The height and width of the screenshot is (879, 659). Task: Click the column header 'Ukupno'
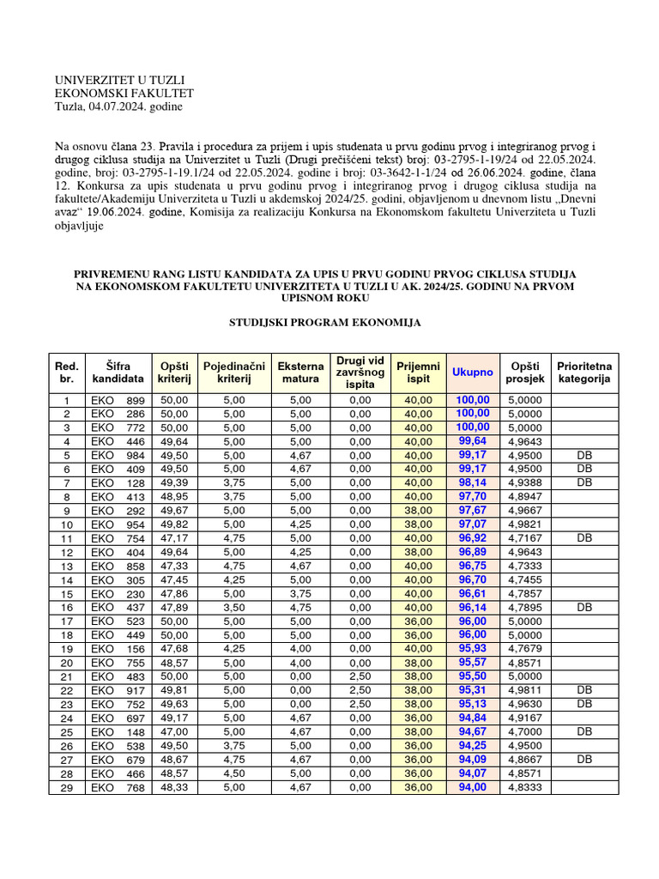coord(472,373)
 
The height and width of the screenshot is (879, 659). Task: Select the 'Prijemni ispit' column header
coord(418,373)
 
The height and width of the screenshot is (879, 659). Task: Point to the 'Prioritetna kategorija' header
coord(583,373)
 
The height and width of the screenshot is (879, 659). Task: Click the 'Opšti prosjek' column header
coord(524,373)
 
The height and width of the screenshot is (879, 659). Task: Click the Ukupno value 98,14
coord(473,482)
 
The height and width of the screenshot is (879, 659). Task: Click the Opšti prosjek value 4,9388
coord(524,482)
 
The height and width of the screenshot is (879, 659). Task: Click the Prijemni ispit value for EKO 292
coord(418,510)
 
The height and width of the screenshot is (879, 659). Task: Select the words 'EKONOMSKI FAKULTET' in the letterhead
coord(124,93)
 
